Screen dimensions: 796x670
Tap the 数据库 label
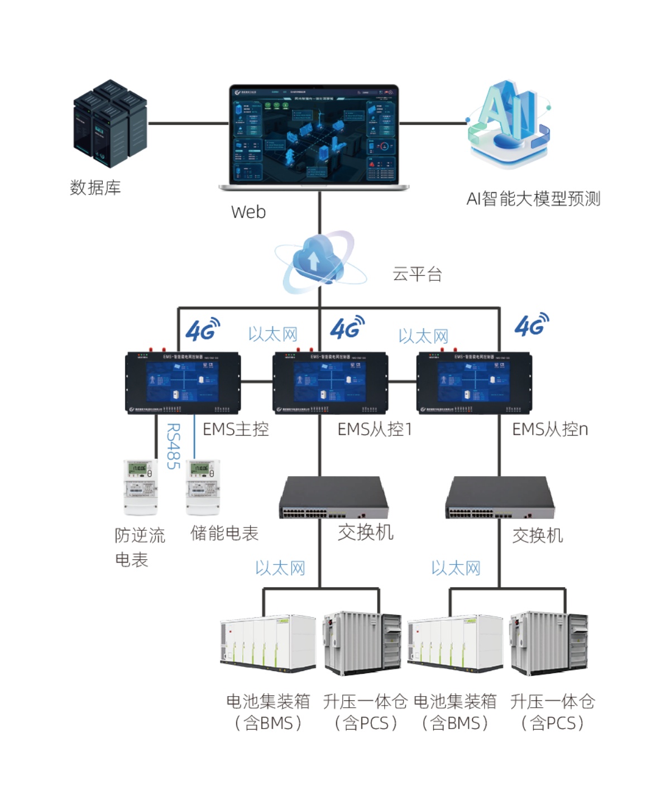point(95,188)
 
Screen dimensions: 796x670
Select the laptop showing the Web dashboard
point(314,137)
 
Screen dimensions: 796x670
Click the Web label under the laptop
point(248,212)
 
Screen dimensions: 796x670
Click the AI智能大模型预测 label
point(533,199)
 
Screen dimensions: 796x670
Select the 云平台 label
point(417,274)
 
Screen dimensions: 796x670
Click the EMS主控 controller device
point(183,383)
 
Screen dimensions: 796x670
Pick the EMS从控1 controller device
point(330,383)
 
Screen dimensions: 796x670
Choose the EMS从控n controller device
point(474,383)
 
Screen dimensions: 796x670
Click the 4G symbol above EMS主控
point(202,330)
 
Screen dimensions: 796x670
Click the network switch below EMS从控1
point(333,497)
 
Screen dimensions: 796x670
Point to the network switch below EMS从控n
point(500,497)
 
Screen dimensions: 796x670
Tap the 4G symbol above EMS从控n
point(531,325)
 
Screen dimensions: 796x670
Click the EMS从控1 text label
point(375,429)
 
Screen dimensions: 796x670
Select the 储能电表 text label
point(224,533)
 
